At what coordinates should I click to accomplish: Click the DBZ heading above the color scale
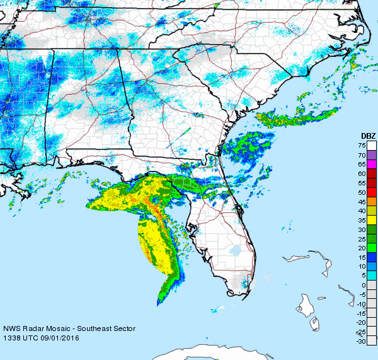(368, 136)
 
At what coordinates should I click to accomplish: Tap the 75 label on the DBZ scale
(363, 145)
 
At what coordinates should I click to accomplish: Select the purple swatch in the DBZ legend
(372, 154)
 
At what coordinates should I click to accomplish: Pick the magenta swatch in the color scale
(372, 164)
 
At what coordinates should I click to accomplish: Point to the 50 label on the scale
(363, 192)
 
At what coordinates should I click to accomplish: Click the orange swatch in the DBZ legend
(372, 201)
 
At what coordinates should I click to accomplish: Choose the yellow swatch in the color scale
(372, 220)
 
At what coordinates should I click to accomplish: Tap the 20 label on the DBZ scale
(363, 248)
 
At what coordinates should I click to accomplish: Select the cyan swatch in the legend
(372, 276)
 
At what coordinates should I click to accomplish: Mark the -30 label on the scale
(362, 341)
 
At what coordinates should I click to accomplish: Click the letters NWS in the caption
(11, 328)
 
